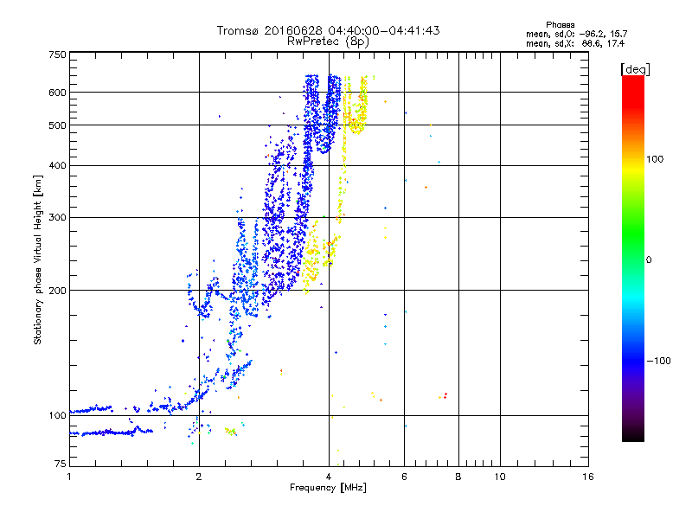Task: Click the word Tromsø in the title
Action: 237,30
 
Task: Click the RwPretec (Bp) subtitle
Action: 329,41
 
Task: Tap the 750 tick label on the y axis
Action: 57,54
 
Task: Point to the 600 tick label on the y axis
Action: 57,93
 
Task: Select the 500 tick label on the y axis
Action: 57,125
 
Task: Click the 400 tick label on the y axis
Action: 57,166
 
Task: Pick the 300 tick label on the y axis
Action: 57,218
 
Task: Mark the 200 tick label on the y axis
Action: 57,291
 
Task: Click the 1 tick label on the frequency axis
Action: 69,477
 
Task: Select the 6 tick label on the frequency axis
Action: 404,477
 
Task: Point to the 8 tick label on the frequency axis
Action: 458,477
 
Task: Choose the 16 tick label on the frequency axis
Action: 588,477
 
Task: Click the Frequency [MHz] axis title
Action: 328,489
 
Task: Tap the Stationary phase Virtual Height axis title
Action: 38,259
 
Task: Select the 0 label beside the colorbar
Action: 648,259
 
